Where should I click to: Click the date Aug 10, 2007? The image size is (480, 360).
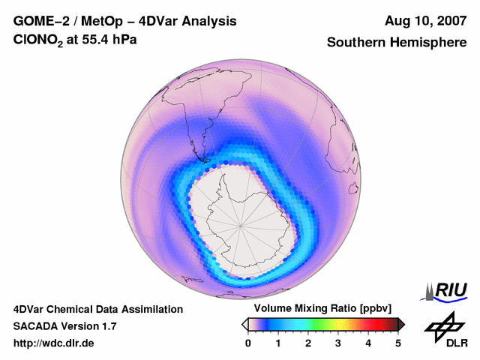click(x=424, y=21)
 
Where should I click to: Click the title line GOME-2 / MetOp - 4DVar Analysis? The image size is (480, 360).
click(x=125, y=21)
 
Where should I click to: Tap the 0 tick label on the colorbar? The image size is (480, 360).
click(x=248, y=343)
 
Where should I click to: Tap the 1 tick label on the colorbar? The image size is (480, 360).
click(x=278, y=343)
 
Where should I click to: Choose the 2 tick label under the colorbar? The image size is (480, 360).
click(x=308, y=343)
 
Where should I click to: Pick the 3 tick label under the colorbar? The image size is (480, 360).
click(x=338, y=343)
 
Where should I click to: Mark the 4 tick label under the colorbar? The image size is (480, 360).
click(x=368, y=343)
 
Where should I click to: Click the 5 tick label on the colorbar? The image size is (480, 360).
click(x=398, y=343)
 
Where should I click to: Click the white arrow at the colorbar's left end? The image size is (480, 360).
click(x=244, y=324)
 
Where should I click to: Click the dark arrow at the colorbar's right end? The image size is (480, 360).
click(x=402, y=324)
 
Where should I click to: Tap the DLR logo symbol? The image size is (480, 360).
click(x=442, y=327)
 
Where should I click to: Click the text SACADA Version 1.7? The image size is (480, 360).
click(x=64, y=326)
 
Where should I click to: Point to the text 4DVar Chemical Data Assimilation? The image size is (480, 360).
click(x=98, y=309)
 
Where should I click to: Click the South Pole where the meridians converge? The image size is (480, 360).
click(x=241, y=224)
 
